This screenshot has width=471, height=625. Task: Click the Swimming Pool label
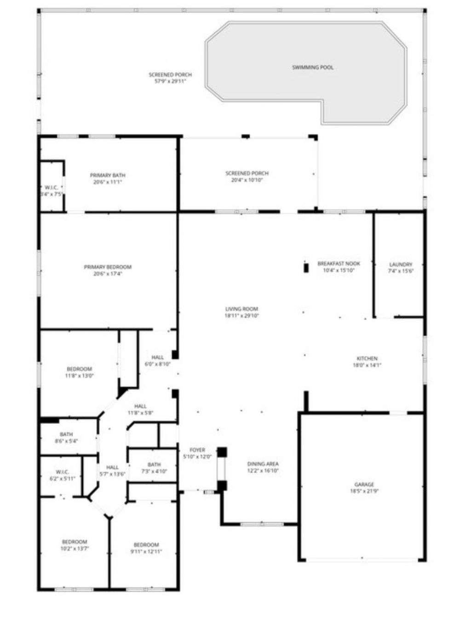[x=313, y=68]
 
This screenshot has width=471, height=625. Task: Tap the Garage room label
[x=364, y=484]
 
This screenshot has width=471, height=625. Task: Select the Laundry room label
[x=401, y=264]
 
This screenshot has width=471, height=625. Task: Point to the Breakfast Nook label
[x=339, y=264]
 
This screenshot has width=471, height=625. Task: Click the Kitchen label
[x=367, y=358]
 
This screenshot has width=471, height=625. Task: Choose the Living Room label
[x=241, y=309]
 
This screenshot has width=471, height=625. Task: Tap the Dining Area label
[x=263, y=464]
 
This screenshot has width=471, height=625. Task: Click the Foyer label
[x=197, y=450]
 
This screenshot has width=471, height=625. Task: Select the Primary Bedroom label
[x=108, y=267]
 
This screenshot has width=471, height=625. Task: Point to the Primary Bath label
[x=108, y=175]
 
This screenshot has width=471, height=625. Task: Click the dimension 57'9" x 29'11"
[x=170, y=81]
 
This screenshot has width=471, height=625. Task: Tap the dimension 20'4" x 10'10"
[x=247, y=180]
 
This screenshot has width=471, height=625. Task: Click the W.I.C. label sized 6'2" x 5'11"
[x=63, y=472]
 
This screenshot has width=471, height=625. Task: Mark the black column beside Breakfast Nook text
[x=306, y=268]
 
